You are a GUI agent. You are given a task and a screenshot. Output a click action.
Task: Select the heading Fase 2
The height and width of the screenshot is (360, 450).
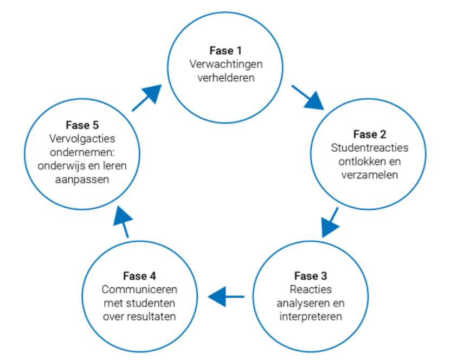[369, 134]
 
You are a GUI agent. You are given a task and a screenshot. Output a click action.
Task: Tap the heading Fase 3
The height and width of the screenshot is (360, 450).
[311, 277]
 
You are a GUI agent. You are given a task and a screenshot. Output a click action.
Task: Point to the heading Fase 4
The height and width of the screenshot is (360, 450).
[139, 276]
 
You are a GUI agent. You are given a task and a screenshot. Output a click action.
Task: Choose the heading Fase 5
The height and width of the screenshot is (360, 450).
[82, 125]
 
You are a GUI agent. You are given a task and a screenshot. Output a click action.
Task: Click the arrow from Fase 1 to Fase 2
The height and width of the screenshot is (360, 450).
[307, 97]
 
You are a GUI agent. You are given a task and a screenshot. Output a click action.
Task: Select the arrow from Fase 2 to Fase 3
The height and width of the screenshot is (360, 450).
[330, 222]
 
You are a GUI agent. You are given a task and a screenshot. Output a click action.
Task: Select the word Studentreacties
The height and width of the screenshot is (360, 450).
[369, 148]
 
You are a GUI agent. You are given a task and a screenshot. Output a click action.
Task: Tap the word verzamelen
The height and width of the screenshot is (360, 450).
[369, 175]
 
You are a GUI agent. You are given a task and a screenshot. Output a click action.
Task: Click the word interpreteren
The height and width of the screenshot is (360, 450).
[311, 316]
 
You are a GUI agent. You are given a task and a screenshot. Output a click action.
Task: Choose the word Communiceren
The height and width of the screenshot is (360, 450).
[139, 290]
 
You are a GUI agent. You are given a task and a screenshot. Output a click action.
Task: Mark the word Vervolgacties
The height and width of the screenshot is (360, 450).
[82, 139]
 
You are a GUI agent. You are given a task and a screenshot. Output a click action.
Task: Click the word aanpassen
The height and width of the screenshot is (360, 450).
[82, 179]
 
